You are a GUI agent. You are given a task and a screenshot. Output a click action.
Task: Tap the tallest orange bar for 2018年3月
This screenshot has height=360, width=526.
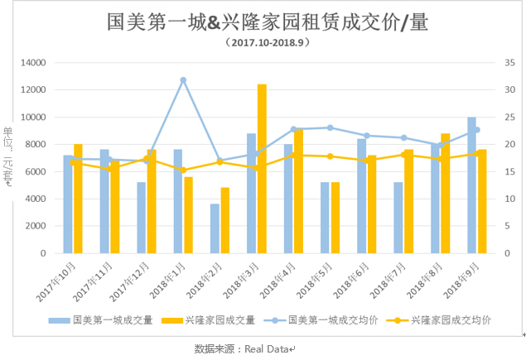pos(262,169)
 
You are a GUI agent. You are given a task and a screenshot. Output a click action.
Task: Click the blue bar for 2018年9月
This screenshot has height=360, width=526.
pos(471,185)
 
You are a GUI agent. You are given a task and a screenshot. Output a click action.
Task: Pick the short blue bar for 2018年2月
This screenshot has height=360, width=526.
pos(215,228)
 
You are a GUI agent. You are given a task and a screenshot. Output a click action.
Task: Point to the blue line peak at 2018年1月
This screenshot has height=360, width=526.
pos(183,79)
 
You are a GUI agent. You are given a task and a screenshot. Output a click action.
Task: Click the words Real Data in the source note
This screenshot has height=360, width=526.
pos(267,349)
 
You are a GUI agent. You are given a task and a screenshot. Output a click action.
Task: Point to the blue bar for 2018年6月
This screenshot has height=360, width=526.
pos(362,196)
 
